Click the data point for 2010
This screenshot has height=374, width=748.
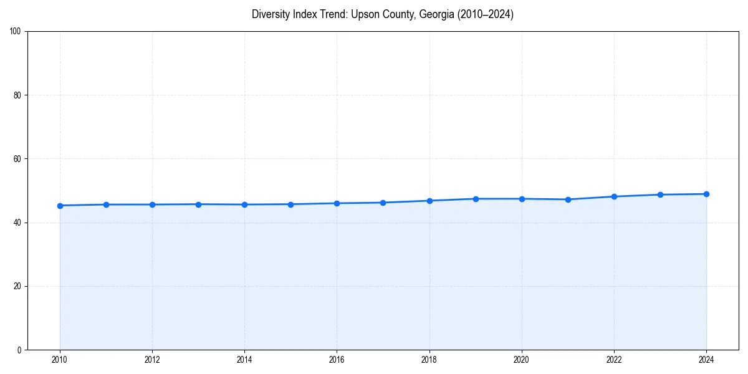tap(60, 206)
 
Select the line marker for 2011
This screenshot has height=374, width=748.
tap(106, 204)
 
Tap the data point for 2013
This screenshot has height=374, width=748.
tap(198, 204)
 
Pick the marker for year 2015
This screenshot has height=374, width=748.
tap(290, 204)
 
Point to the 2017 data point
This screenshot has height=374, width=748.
tap(383, 203)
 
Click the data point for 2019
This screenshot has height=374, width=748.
tap(476, 199)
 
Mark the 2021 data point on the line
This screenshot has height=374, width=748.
tap(568, 199)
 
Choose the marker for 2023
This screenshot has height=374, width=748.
tap(660, 194)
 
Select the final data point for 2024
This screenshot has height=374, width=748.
tap(706, 194)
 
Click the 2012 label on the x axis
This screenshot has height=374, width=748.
tap(152, 360)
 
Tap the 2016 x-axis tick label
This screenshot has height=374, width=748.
tap(337, 360)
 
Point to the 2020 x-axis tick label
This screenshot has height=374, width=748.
tap(522, 360)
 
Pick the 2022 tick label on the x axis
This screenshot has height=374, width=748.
tap(614, 360)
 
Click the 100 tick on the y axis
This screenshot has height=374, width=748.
tap(16, 32)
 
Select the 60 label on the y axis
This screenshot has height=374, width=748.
tap(17, 159)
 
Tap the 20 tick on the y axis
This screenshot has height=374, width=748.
tap(17, 286)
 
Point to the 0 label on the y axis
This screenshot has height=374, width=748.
tap(19, 350)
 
